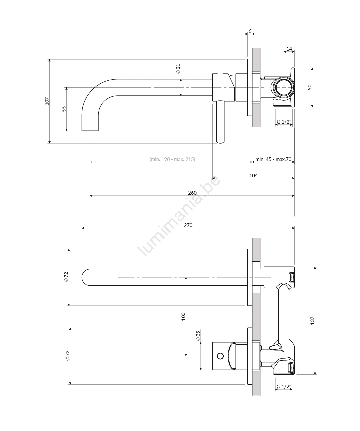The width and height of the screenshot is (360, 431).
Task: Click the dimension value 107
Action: pyautogui.click(x=47, y=101)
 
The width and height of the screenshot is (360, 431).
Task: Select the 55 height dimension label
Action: pyautogui.click(x=64, y=109)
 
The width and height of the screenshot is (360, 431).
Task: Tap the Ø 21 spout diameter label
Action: pyautogui.click(x=178, y=69)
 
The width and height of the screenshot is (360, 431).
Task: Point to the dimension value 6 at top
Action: pyautogui.click(x=250, y=31)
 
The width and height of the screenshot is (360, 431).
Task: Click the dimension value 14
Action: pyautogui.click(x=289, y=49)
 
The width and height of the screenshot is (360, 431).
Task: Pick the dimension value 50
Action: pyautogui.click(x=310, y=87)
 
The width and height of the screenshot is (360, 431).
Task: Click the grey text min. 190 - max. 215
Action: pyautogui.click(x=172, y=159)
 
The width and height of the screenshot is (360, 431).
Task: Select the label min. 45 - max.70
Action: pyautogui.click(x=273, y=159)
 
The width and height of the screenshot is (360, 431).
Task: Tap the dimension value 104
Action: pyautogui.click(x=253, y=175)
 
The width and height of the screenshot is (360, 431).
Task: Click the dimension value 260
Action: pyautogui.click(x=192, y=193)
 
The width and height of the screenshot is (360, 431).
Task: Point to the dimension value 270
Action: pyautogui.click(x=188, y=225)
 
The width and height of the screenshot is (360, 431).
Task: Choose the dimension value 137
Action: pyautogui.click(x=312, y=321)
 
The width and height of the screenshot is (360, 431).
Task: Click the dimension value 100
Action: pyautogui.click(x=183, y=316)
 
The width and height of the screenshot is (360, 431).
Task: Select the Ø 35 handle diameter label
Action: pyautogui.click(x=198, y=336)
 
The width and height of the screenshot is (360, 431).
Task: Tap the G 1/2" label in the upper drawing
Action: pyautogui.click(x=284, y=122)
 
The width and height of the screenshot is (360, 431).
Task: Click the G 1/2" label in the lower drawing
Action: pyautogui.click(x=284, y=386)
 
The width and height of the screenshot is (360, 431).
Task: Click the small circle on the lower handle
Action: pyautogui.click(x=220, y=356)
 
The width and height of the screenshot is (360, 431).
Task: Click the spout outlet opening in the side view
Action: pyautogui.click(x=90, y=130)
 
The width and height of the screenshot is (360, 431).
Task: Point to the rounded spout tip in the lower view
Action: pyautogui.click(x=82, y=277)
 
